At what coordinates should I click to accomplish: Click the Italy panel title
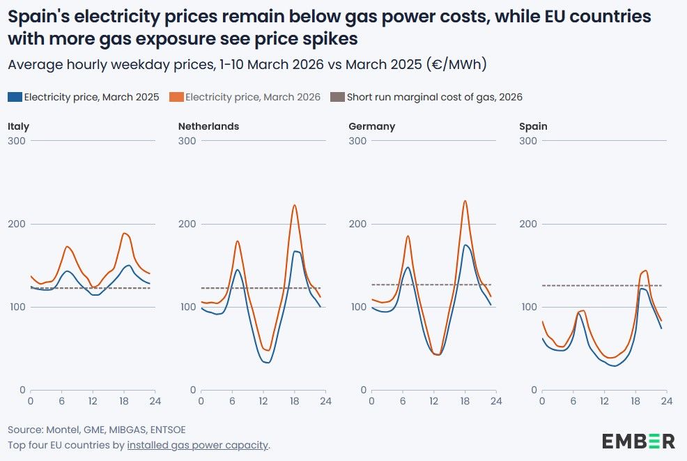[x=18, y=126]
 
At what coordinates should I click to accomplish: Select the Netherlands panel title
[x=208, y=126]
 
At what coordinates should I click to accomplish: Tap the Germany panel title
[x=371, y=126]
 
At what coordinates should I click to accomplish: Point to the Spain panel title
[x=533, y=126]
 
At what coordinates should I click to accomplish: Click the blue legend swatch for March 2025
[x=15, y=97]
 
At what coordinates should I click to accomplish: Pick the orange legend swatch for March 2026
[x=176, y=97]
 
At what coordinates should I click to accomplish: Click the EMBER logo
[x=638, y=441]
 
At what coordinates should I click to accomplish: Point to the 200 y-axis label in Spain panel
[x=527, y=224]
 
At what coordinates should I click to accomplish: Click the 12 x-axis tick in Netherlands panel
[x=263, y=401]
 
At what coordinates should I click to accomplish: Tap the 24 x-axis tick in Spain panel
[x=666, y=401]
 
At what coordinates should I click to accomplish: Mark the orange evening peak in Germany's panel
[x=465, y=201]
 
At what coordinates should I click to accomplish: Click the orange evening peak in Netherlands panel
[x=294, y=205]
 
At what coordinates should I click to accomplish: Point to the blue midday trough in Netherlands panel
[x=265, y=362]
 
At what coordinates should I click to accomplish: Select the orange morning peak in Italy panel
[x=67, y=246]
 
